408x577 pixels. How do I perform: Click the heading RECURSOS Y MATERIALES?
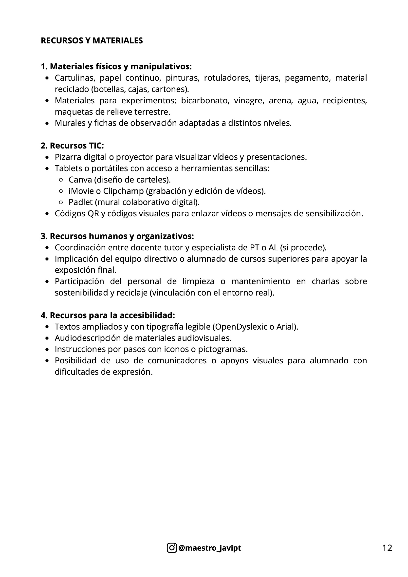[92, 41]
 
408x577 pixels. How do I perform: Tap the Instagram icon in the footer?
[172, 548]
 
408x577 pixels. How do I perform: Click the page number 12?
[387, 548]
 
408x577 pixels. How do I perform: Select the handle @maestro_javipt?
[209, 548]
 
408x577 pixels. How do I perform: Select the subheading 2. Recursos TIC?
[72, 146]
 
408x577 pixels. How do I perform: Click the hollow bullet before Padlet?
[61, 202]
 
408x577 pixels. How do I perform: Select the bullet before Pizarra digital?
[47, 157]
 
